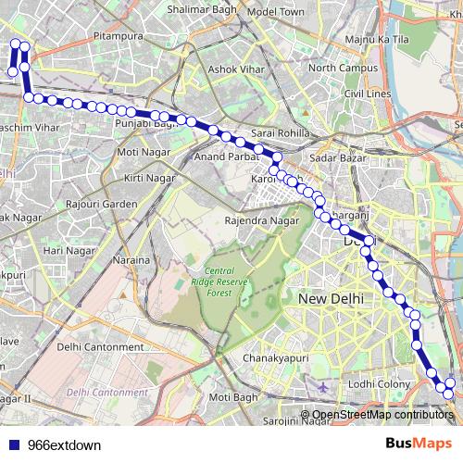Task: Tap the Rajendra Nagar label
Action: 262,221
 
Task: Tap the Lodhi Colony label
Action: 380,383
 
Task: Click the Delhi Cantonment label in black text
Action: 99,346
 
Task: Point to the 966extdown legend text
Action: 65,445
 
